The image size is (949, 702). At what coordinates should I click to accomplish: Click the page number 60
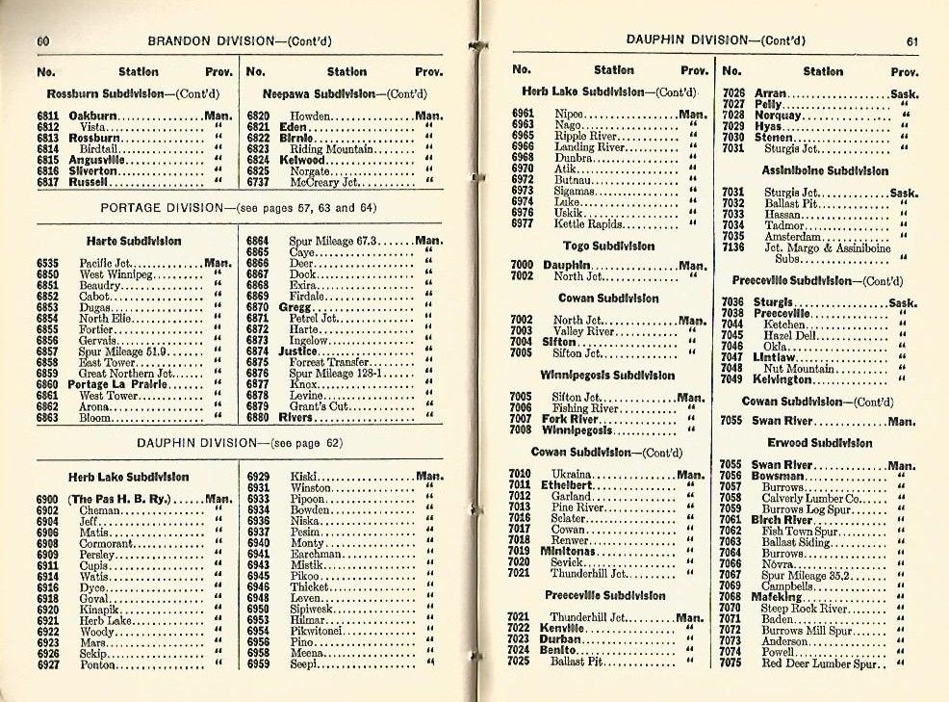43,40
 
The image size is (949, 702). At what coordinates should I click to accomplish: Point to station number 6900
47,499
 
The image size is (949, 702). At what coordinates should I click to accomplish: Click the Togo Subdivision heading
608,246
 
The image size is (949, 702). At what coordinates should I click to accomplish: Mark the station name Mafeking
777,597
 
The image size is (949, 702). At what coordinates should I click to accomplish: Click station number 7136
732,247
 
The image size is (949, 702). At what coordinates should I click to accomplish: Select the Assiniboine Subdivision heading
825,170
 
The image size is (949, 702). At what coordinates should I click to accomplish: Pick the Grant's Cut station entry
320,406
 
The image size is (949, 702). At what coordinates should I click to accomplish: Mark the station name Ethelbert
567,485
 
